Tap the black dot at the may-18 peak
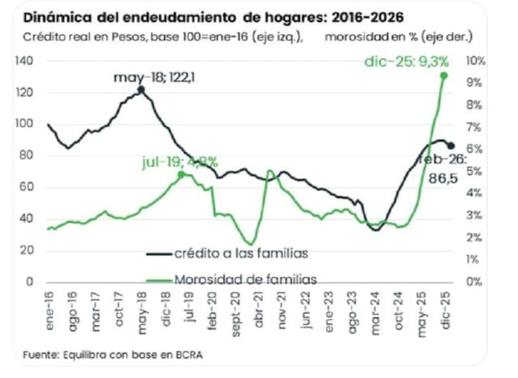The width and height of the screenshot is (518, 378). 141,90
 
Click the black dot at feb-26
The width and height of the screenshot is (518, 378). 451,146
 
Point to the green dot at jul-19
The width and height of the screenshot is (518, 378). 182,174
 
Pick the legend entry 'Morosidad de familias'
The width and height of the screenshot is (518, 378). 245,279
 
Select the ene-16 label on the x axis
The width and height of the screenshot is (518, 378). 49,311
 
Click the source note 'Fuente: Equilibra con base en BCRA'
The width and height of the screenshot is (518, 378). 117,355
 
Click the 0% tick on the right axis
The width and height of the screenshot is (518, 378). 476,282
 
